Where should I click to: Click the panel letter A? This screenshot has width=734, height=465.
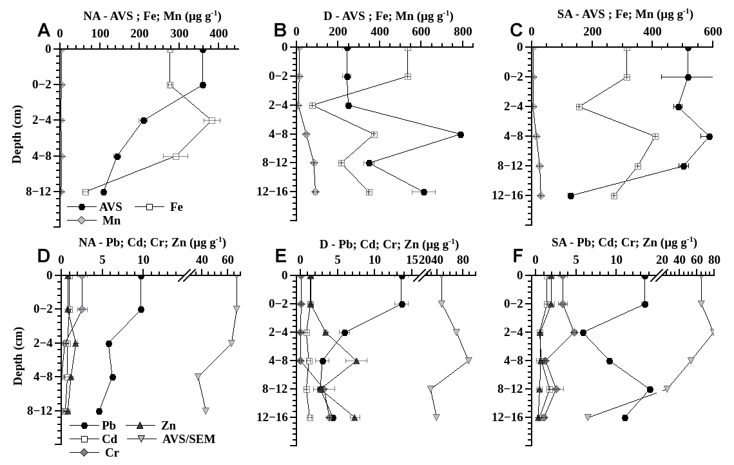click(x=44, y=30)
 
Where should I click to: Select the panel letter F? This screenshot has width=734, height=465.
click(x=517, y=256)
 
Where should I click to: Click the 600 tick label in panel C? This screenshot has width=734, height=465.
click(x=712, y=31)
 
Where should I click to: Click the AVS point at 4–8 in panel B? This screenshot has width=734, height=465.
click(x=461, y=134)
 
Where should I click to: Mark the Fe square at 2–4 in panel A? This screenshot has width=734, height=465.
click(x=211, y=121)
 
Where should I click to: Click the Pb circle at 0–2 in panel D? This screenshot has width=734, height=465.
click(x=141, y=309)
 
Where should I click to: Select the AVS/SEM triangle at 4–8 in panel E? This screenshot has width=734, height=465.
click(x=468, y=361)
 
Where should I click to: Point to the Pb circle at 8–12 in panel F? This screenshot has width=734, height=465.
click(x=650, y=390)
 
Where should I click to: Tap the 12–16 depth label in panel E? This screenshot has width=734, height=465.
click(x=270, y=417)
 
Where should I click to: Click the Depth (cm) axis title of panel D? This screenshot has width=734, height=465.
click(x=18, y=350)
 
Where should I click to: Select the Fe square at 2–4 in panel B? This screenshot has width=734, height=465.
click(x=313, y=105)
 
